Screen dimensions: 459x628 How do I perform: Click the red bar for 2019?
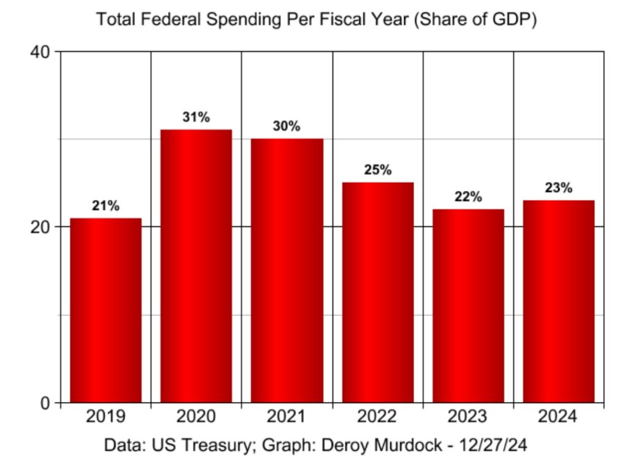point(105,310)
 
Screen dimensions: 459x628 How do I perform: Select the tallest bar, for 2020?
point(196,266)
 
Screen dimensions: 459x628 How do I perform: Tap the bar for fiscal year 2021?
point(286,271)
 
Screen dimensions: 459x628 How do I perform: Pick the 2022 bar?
point(378,293)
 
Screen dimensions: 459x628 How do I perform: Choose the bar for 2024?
point(559,301)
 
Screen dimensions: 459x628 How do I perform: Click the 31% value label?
point(196,117)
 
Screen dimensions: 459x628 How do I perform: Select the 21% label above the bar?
point(105,206)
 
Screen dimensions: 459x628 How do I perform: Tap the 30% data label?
point(286,126)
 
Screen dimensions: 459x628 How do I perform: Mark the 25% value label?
point(378,170)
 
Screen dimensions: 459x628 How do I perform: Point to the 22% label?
point(468,197)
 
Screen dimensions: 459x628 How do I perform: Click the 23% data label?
point(559,188)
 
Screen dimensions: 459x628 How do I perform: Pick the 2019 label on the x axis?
point(105,418)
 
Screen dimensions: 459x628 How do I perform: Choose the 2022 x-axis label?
point(378,418)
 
